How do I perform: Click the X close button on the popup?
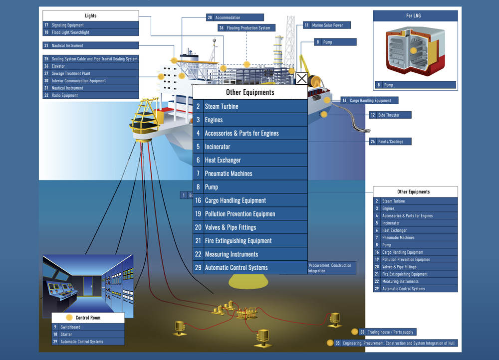pos(301,79)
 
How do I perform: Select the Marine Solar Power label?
pos(327,25)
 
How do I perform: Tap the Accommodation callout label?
pos(235,17)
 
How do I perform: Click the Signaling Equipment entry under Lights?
pos(90,25)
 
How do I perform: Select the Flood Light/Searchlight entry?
pos(90,32)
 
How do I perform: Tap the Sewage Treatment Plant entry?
pos(90,73)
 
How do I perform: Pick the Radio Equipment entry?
pos(90,95)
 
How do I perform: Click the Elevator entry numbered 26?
pos(90,66)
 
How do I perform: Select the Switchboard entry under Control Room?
pos(88,327)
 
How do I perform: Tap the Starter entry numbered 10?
pos(88,335)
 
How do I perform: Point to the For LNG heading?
pos(415,16)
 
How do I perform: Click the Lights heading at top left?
pos(90,15)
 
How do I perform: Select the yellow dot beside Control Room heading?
pos(69,318)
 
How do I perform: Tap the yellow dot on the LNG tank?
pos(413,50)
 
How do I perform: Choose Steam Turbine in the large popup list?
pos(250,106)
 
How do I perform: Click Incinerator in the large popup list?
pos(250,147)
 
